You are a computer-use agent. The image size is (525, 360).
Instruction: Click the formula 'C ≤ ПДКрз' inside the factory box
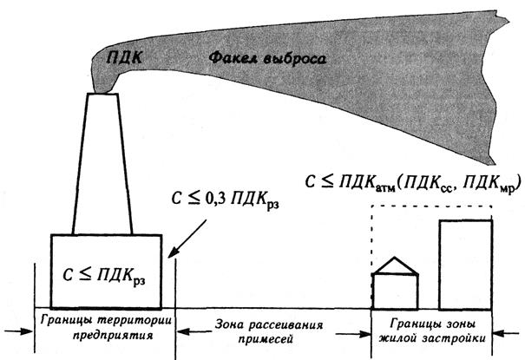tap(103, 279)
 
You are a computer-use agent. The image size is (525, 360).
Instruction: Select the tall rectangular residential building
tap(466, 265)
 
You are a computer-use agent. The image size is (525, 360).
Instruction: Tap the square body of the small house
tap(395, 291)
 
